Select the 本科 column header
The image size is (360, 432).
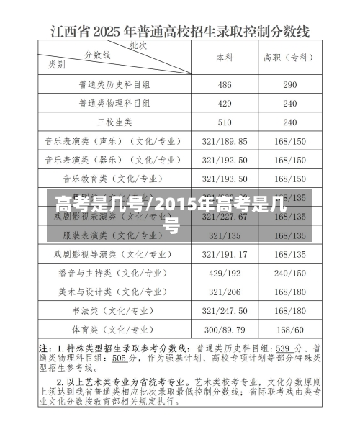(225, 57)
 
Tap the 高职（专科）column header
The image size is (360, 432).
(290, 57)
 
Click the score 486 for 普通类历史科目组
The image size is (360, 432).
(225, 84)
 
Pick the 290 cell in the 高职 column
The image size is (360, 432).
(290, 84)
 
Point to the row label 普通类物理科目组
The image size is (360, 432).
(114, 103)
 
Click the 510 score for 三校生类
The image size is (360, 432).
(225, 122)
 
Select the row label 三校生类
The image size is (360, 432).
(114, 122)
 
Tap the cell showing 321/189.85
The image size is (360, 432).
(225, 141)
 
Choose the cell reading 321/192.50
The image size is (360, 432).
(225, 160)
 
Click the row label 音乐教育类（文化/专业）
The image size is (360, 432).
(114, 179)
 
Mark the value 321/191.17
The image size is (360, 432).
(225, 254)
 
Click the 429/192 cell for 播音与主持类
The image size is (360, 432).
(225, 273)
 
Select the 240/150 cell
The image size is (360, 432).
(290, 273)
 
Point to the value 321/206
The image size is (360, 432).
(225, 292)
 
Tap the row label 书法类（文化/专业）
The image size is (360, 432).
(114, 310)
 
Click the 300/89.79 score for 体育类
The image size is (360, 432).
(225, 330)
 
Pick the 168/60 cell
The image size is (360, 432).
(290, 330)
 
